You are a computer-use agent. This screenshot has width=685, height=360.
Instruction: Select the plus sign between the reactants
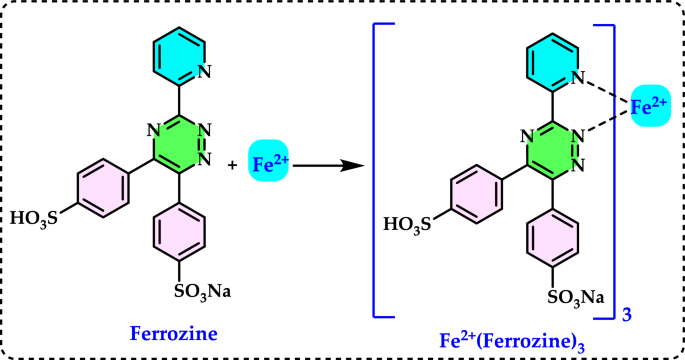tap(233, 165)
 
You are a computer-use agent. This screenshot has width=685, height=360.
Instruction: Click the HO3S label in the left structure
tap(38, 214)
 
